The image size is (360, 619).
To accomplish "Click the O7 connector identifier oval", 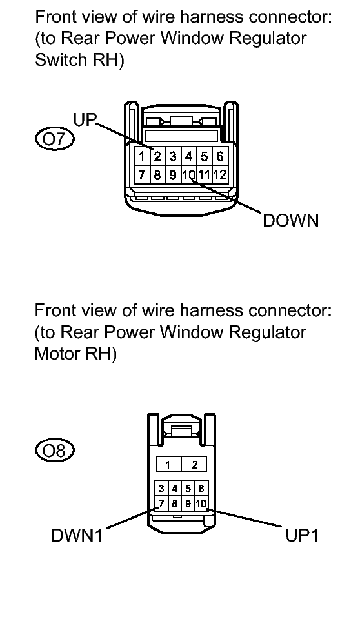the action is (x=54, y=139).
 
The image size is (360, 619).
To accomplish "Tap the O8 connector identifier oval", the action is (x=54, y=451).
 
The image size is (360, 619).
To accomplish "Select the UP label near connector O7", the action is (x=85, y=119).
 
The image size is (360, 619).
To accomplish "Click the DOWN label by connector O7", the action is (x=290, y=220).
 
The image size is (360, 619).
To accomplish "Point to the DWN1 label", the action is (x=77, y=535).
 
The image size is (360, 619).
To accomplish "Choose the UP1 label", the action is (x=301, y=535).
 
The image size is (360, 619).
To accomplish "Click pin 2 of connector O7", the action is (x=157, y=157).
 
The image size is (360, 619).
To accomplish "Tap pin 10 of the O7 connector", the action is (x=188, y=174).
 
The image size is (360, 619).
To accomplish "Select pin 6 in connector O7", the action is (x=220, y=157).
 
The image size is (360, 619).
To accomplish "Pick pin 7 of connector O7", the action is (x=142, y=174).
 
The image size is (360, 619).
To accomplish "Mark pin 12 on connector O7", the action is (x=220, y=174).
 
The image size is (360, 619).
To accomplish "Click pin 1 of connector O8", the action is (x=168, y=464).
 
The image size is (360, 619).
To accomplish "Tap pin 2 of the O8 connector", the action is (x=194, y=464).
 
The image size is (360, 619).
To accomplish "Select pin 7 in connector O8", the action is (x=161, y=503).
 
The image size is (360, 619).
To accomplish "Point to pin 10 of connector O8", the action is (x=201, y=503).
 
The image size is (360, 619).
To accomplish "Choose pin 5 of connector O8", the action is (x=188, y=489).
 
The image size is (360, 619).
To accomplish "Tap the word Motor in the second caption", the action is (x=57, y=353).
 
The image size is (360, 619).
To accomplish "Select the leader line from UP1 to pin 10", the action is (x=245, y=518).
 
